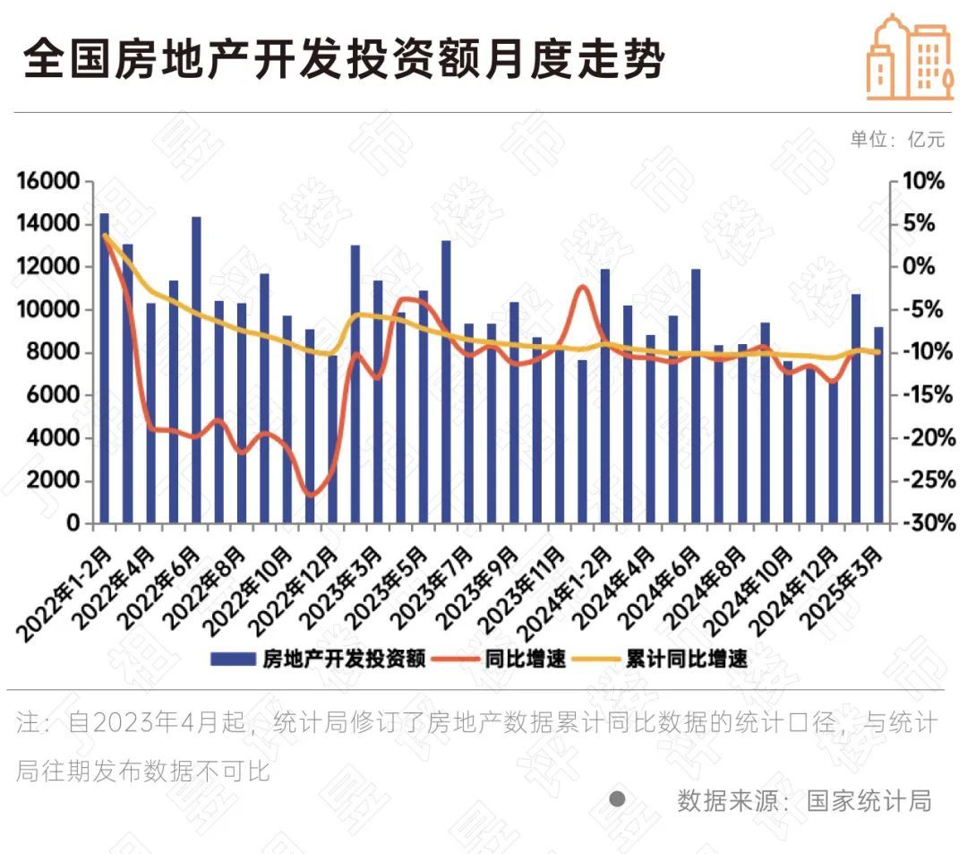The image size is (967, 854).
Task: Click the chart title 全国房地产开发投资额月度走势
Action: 344,60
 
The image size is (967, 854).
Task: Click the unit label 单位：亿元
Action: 896,139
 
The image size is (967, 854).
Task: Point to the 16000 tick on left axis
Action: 49,182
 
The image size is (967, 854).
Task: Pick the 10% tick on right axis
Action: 925,182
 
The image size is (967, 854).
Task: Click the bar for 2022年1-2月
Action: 105,367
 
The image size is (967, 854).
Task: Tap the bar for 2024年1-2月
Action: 605,395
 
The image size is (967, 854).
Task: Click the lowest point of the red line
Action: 311,495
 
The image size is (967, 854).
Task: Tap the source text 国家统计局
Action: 869,799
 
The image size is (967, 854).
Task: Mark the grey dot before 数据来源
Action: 617,798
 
